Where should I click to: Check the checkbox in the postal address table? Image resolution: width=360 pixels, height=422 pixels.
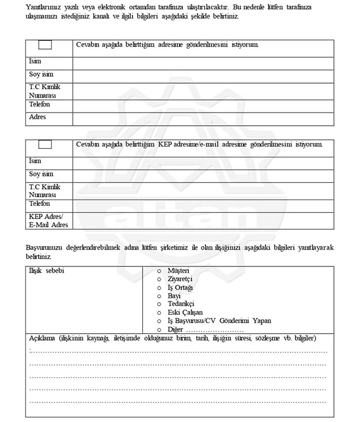point(45,45)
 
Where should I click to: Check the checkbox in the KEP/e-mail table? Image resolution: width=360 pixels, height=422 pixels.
point(45,144)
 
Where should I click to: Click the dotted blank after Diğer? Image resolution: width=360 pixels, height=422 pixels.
point(215,330)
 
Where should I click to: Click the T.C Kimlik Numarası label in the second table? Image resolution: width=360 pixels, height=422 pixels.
point(44,191)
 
